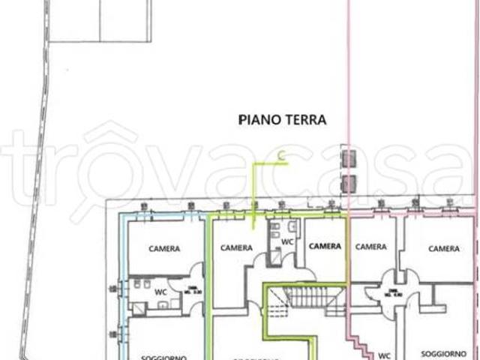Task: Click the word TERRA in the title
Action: [x=305, y=118]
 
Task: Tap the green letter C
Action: [x=281, y=155]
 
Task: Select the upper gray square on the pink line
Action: [x=349, y=158]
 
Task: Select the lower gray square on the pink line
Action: [x=349, y=183]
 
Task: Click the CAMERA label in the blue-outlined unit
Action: [x=163, y=249]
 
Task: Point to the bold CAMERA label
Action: [x=325, y=246]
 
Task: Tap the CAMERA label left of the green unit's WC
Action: [x=236, y=247]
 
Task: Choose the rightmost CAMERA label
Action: [x=444, y=248]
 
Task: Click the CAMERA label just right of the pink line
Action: [x=370, y=247]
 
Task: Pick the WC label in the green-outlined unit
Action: [x=287, y=241]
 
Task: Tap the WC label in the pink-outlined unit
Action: [x=385, y=355]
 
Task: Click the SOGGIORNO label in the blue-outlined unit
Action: [x=163, y=358]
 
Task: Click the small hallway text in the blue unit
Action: [x=194, y=289]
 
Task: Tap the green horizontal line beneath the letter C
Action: [x=270, y=163]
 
